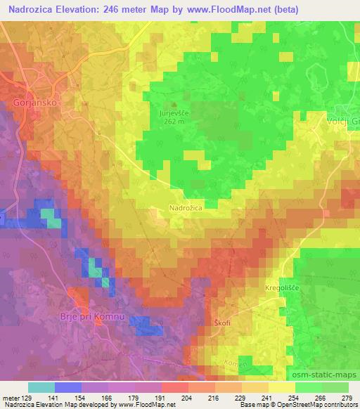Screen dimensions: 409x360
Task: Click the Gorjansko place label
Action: click(x=34, y=102)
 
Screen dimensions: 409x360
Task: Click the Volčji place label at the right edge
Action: click(x=344, y=121)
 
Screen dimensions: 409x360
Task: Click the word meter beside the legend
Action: click(x=11, y=397)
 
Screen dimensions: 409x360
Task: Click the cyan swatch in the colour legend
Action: click(x=41, y=387)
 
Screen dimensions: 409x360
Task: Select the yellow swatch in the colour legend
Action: click(x=282, y=387)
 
